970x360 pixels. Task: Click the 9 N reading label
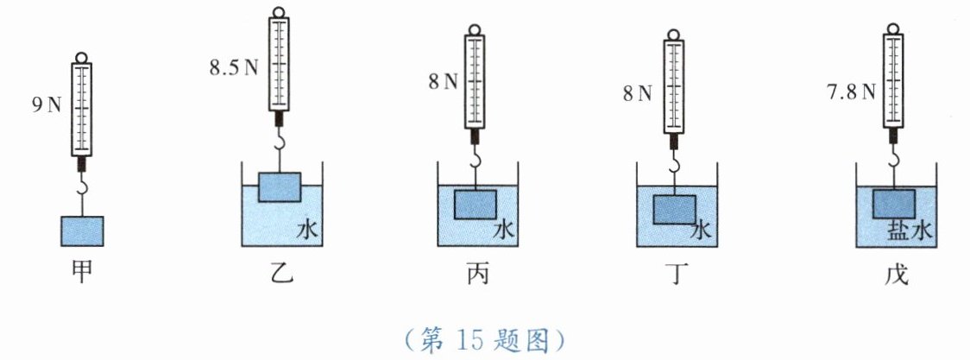[x=46, y=106]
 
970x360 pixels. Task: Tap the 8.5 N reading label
[x=234, y=66]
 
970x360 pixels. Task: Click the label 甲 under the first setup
[x=81, y=274]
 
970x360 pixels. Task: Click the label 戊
[x=893, y=274]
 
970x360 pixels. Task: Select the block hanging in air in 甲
[x=82, y=231]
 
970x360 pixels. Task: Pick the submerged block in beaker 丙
[x=475, y=205]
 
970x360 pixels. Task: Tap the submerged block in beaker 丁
[x=674, y=210]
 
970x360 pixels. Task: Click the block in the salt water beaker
[x=894, y=204]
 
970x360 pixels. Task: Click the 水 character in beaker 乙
[x=309, y=231]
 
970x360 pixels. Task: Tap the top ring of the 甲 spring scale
[x=82, y=59]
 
